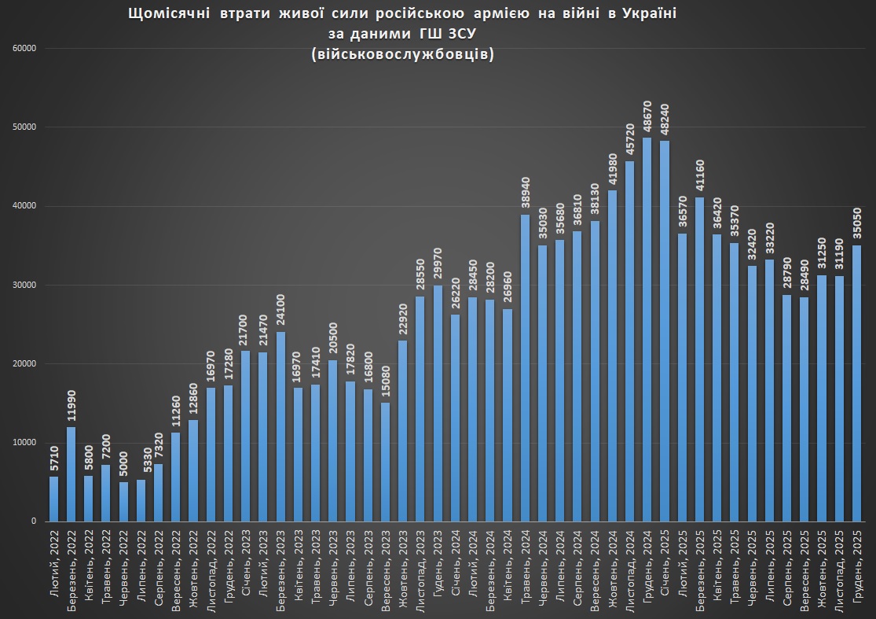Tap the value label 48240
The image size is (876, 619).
[664, 120]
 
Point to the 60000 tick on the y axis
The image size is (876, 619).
[26, 49]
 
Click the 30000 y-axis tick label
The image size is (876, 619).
[26, 285]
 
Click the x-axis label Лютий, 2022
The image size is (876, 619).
[54, 561]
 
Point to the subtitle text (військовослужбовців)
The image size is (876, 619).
[402, 53]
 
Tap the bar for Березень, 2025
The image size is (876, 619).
[699, 359]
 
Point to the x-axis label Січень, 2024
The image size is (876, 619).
[455, 562]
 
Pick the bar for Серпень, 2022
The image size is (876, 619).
[158, 492]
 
